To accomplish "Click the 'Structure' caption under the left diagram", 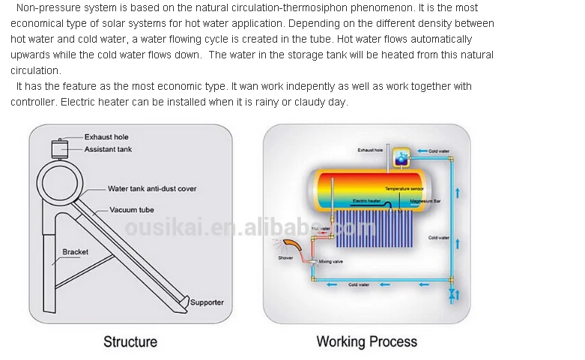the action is point(130,342).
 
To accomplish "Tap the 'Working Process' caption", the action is point(366,342).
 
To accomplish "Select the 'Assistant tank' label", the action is point(108,150).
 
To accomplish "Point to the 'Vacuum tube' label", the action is point(132,210).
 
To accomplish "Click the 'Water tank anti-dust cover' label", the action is point(152,189).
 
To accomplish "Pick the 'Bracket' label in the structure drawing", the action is point(75,252).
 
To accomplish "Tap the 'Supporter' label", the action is point(207,302).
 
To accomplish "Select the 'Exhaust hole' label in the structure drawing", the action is point(106,137).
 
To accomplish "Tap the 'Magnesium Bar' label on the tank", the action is point(425,201).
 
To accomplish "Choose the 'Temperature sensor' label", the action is point(404,189).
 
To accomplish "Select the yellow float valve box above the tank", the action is point(403,157).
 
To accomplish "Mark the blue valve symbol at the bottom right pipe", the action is point(451,294).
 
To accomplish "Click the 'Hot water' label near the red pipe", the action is point(321,228).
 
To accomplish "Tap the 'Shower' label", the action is point(285,258).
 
